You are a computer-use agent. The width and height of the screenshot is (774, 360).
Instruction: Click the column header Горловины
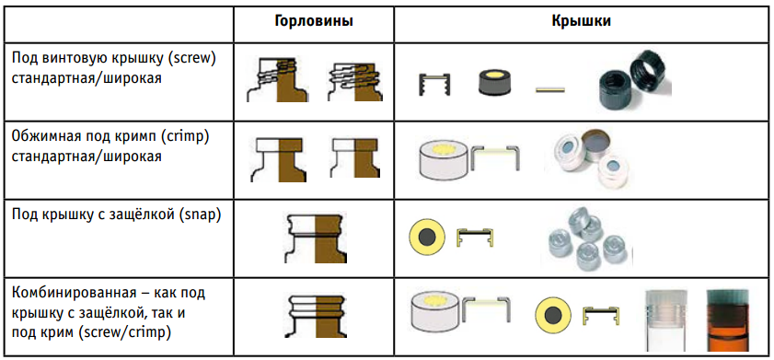click(x=314, y=22)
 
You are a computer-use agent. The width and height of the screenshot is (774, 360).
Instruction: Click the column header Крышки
click(x=581, y=22)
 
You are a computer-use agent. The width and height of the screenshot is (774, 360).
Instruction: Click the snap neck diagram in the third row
click(x=316, y=239)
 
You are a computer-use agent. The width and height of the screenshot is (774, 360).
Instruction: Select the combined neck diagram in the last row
click(x=316, y=316)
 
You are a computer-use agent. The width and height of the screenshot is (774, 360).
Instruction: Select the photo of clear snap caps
click(x=586, y=237)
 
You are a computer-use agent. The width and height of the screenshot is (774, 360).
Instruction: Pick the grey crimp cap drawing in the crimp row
click(x=444, y=160)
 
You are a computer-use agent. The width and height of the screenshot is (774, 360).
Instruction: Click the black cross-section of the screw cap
click(x=434, y=85)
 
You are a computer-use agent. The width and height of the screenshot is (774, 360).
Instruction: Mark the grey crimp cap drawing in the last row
click(x=436, y=309)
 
